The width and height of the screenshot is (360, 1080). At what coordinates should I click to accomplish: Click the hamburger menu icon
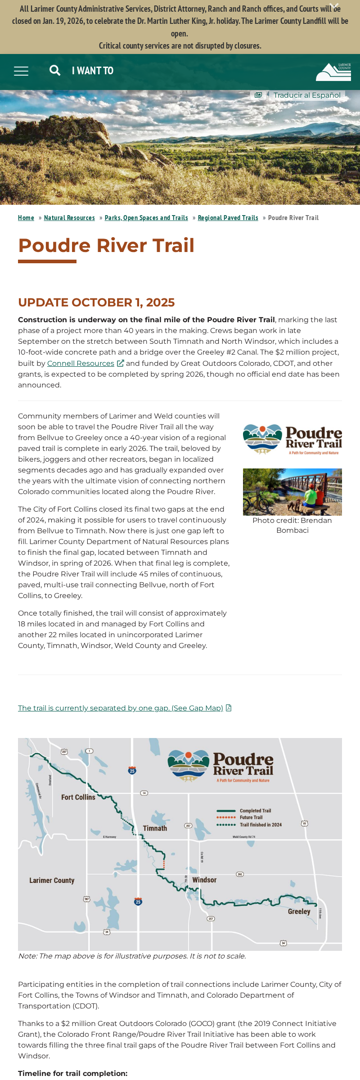21,71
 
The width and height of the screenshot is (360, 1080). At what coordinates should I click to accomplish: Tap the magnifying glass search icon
55,70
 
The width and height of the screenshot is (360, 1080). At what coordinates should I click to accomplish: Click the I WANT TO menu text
93,71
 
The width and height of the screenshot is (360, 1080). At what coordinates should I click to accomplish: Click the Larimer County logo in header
333,72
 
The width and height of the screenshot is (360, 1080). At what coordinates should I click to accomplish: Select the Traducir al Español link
306,95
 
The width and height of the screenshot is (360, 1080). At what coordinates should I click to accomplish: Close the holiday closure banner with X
334,6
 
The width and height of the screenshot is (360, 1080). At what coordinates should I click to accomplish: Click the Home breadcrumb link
26,218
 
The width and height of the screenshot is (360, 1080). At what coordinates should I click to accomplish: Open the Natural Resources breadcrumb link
69,218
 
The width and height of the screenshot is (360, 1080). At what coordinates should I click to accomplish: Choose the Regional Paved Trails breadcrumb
228,218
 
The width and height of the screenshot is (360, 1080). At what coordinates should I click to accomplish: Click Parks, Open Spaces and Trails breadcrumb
146,218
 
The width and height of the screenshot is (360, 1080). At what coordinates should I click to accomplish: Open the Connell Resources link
81,363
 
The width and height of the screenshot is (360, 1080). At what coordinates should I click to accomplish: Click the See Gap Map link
121,708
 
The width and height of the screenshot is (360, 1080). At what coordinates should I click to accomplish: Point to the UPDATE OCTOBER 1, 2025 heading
96,302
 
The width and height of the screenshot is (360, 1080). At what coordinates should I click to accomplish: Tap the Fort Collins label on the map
78,797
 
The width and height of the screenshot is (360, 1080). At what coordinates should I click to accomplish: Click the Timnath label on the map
155,828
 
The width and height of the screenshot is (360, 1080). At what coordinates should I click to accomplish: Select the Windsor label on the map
204,880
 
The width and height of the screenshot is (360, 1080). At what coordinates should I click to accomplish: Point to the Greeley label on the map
299,911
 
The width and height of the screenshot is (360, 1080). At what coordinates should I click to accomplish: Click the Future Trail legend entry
251,817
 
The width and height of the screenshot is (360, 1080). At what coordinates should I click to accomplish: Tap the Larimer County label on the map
52,880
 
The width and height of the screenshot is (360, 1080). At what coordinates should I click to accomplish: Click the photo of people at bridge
292,492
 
